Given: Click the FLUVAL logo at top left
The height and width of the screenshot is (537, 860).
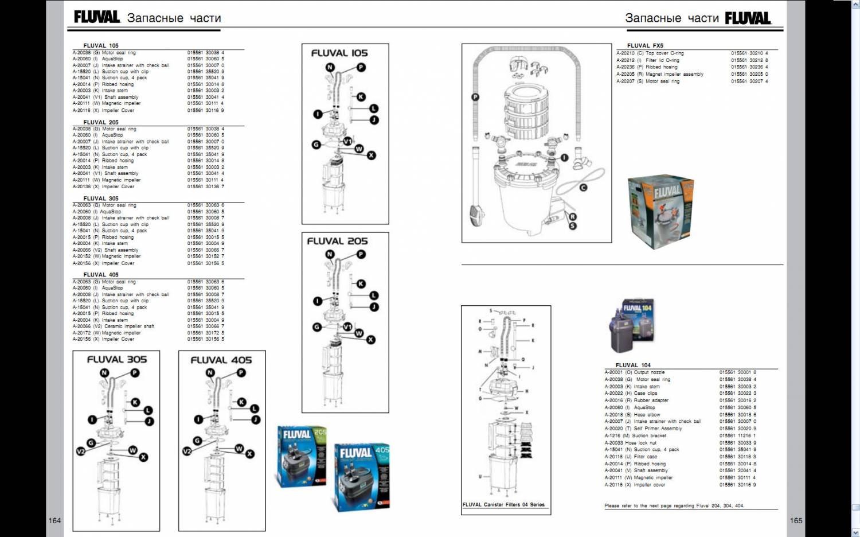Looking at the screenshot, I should point(96,17).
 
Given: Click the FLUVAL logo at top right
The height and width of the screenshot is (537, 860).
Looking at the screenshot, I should point(748,18).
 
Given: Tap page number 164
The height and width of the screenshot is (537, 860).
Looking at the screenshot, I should point(54,520).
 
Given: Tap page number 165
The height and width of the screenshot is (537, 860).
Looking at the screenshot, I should point(796,520).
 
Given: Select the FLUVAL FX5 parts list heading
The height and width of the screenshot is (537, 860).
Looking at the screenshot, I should point(645,45).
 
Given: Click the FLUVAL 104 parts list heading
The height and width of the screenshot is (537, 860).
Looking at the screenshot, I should point(633,365).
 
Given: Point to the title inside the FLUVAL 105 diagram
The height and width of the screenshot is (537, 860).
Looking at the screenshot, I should point(339,53).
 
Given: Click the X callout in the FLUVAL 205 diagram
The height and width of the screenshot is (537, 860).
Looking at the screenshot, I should point(371,340).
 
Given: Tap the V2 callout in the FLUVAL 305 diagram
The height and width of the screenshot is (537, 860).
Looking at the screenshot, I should point(81,452).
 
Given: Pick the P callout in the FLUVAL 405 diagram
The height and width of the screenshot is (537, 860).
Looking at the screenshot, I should point(241,373).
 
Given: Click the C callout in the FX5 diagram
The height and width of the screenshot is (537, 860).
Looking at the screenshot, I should point(583,188).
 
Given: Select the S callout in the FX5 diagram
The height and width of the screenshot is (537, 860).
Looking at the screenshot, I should point(572,226).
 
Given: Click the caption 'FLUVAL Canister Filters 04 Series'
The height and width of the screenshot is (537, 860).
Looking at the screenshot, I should point(503,505).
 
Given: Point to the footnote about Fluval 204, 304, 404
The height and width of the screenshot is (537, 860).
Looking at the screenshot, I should point(674,506).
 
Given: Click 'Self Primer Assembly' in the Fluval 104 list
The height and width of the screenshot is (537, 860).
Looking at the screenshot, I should point(658,429).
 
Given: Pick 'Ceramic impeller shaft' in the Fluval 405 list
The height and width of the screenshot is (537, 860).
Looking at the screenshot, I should point(129,326).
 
